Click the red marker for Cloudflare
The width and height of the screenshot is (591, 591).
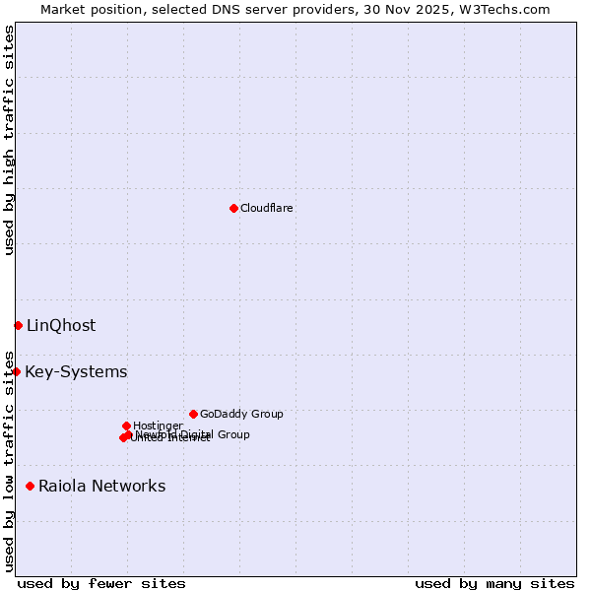click(x=233, y=208)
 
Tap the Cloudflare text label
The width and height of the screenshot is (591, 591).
click(x=267, y=208)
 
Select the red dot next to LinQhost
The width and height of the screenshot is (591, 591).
click(x=18, y=325)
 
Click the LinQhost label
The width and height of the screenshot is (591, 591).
click(x=61, y=326)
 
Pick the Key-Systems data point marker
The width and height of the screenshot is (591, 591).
click(x=17, y=371)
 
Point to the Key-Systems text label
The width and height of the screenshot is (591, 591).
click(x=76, y=372)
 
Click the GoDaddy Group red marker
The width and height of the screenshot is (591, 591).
click(x=193, y=414)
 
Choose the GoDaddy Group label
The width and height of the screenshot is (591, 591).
click(x=241, y=414)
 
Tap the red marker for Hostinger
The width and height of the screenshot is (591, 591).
click(x=126, y=426)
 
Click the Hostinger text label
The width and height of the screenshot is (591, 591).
click(x=158, y=426)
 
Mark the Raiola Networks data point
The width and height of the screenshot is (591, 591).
click(x=30, y=486)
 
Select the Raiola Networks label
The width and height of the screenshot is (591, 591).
click(x=101, y=486)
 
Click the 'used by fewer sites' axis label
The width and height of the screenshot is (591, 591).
click(x=101, y=583)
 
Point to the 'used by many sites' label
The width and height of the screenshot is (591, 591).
click(x=494, y=583)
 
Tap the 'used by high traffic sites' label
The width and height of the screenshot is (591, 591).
click(x=9, y=140)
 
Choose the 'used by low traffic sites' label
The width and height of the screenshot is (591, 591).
click(x=9, y=461)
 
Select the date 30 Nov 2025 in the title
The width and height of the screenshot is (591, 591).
click(x=422, y=9)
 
